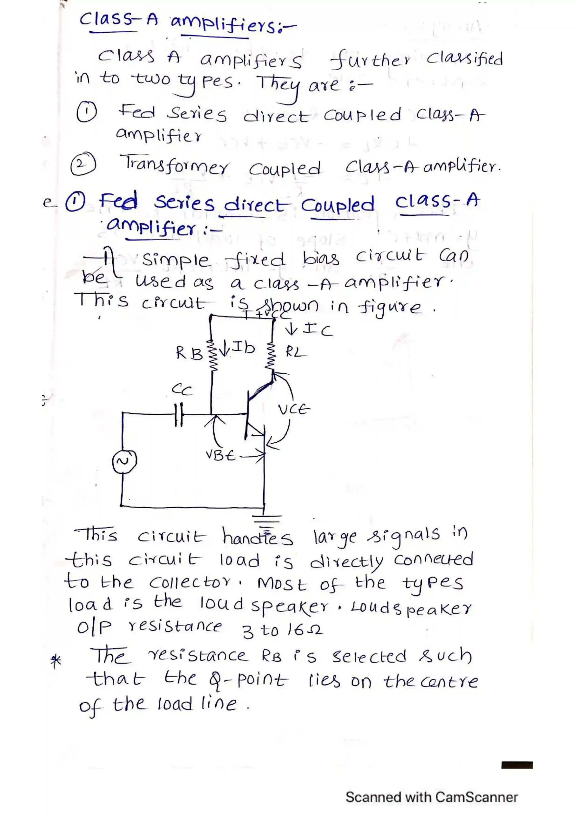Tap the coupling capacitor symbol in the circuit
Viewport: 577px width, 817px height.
[x=179, y=414]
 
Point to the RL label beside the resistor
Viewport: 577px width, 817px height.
[x=296, y=352]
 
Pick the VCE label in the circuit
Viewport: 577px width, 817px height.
[x=294, y=410]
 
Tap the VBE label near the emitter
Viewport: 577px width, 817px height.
[x=220, y=455]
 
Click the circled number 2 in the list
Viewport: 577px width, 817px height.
[x=83, y=164]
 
